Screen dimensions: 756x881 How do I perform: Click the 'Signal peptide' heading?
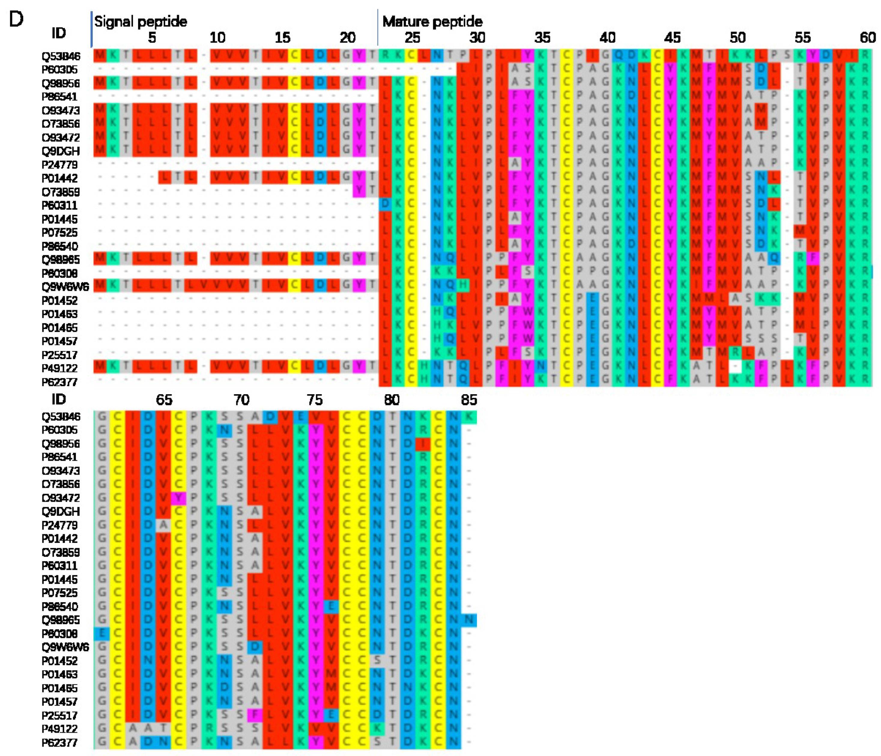140,21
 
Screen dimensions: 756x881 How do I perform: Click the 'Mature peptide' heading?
432,21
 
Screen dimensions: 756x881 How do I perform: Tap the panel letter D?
16,20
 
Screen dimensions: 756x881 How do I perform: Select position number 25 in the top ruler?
412,38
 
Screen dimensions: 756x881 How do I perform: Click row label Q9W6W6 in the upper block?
65,287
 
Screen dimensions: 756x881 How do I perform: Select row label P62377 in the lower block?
59,742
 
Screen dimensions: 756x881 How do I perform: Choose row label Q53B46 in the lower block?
61,417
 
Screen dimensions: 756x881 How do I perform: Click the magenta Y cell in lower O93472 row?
179,497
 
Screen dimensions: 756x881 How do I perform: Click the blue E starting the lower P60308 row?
101,634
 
